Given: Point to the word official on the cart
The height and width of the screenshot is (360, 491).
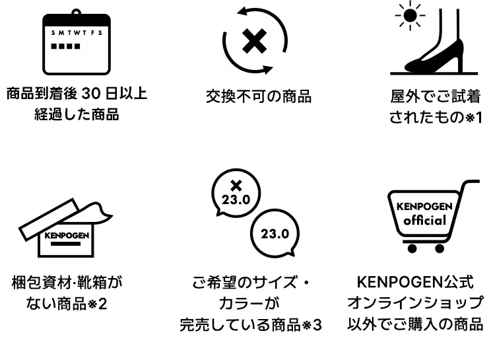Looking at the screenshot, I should tap(425, 220).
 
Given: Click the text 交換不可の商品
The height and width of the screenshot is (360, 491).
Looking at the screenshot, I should tap(259, 96).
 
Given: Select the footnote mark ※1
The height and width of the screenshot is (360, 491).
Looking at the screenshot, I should tap(475, 118).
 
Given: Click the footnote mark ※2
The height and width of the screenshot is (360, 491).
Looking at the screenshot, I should tap(98, 305).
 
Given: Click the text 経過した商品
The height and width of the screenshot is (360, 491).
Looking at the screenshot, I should tap(77, 114).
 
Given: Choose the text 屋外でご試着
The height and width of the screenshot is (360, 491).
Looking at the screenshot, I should tap(436, 96).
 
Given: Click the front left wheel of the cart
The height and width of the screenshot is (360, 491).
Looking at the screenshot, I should tap(412, 248).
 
